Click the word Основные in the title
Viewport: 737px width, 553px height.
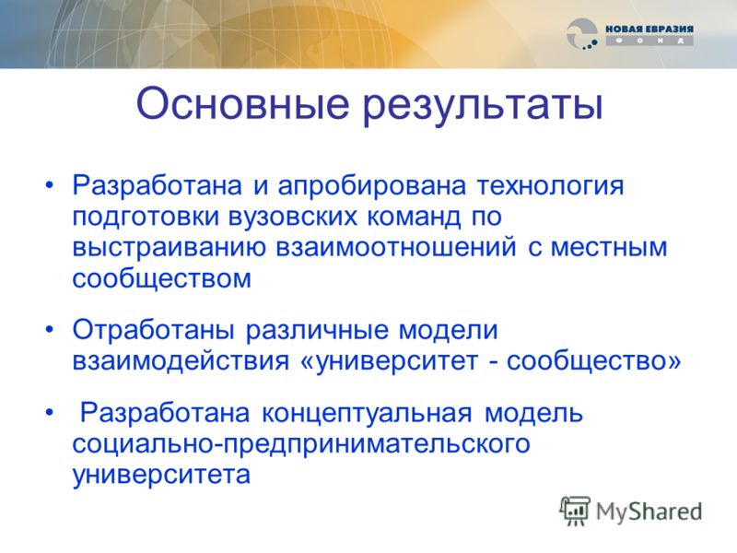[242, 103]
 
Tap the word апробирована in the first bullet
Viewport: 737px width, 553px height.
[372, 187]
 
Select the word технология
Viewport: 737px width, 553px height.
[550, 187]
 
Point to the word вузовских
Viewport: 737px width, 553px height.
[292, 218]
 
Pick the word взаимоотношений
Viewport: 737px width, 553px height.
[396, 248]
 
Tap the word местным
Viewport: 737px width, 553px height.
[608, 248]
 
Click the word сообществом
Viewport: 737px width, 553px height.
[162, 277]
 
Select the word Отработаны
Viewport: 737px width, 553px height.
[153, 330]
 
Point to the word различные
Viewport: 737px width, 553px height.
[316, 331]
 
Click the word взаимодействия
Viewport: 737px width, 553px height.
[181, 362]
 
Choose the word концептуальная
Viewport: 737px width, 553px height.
[366, 414]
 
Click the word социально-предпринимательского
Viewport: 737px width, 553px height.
[301, 444]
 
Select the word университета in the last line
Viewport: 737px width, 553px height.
[161, 475]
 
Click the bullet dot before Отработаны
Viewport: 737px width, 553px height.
[50, 330]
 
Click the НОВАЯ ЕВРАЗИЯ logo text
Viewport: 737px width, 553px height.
[649, 29]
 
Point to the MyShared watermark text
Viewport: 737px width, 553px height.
[649, 512]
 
